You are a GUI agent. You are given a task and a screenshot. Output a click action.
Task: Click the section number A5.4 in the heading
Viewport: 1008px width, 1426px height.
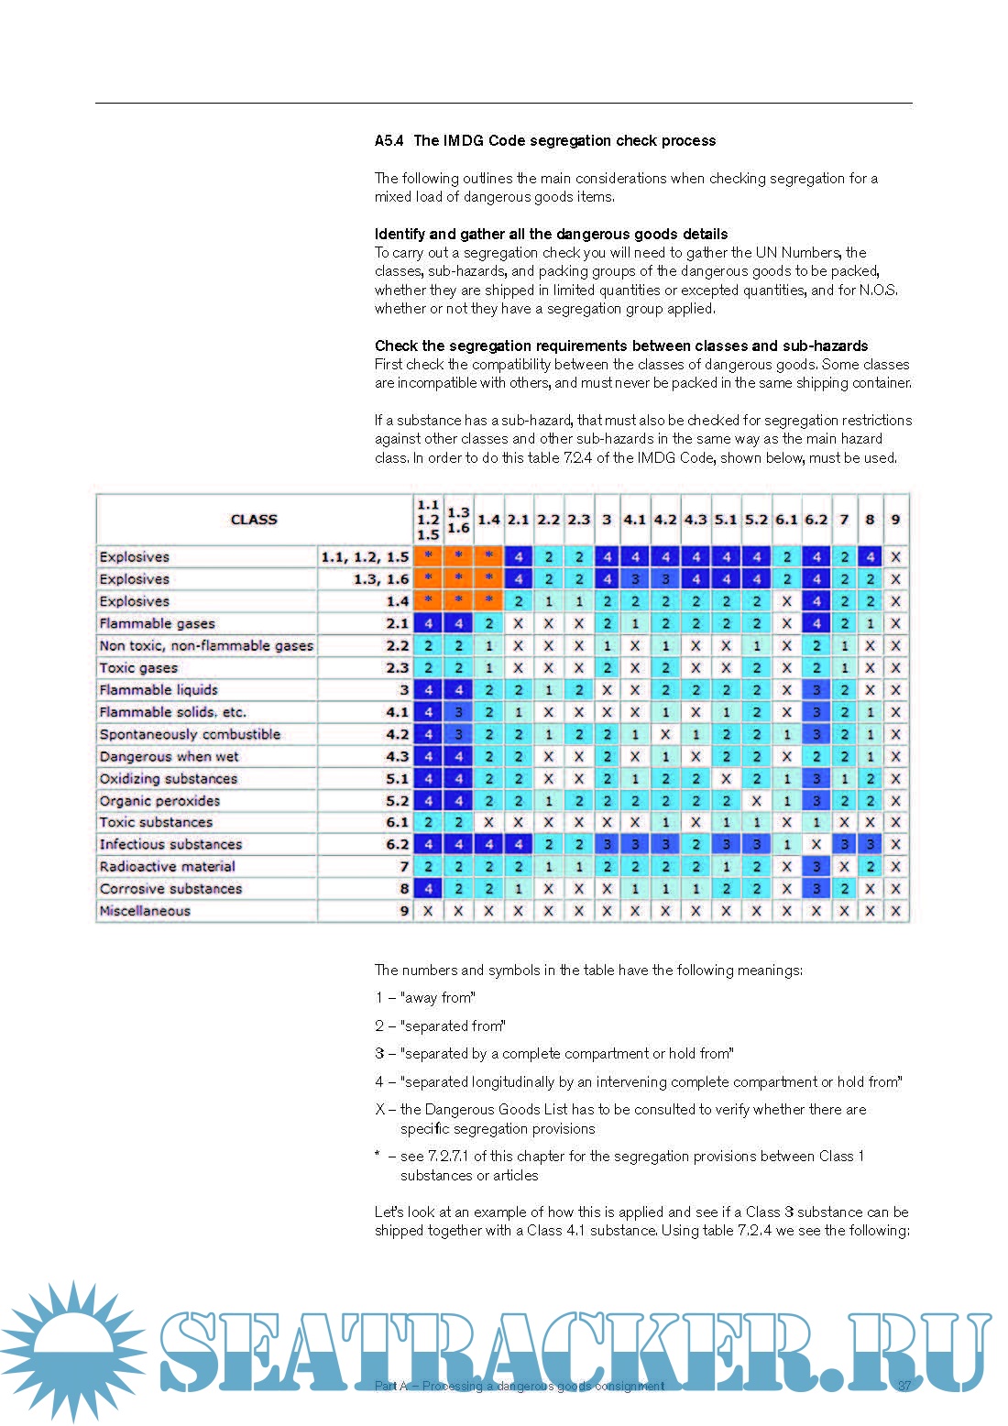(389, 141)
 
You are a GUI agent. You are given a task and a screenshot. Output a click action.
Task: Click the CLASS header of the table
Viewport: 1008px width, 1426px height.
(254, 520)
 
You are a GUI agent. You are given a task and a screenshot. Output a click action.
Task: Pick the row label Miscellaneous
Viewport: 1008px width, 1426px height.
(145, 911)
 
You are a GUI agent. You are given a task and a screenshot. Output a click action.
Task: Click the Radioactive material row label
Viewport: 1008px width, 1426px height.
(167, 866)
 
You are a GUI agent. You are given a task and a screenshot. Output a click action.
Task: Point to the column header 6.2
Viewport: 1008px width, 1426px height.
(816, 520)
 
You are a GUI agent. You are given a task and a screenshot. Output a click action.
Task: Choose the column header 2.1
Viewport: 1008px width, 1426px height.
(519, 520)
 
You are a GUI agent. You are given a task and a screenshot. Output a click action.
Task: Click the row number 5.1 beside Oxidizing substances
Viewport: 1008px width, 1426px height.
(397, 779)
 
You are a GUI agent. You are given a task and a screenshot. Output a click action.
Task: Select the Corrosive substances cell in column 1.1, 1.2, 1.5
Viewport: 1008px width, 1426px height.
(428, 889)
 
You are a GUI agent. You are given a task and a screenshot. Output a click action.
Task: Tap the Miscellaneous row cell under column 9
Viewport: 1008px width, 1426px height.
(895, 911)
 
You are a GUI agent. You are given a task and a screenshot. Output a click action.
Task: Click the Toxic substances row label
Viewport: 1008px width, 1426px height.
(156, 822)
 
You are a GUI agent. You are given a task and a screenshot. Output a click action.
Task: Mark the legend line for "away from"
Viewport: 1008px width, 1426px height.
(425, 998)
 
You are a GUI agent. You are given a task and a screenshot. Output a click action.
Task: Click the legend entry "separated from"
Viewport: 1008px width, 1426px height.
(440, 1026)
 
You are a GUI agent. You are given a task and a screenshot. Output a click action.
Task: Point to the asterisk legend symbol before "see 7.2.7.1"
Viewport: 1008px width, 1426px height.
(378, 1155)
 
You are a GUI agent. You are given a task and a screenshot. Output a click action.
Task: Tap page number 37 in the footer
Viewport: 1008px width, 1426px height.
(904, 1386)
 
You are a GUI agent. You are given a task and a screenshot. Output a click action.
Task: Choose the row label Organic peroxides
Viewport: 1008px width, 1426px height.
(159, 800)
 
